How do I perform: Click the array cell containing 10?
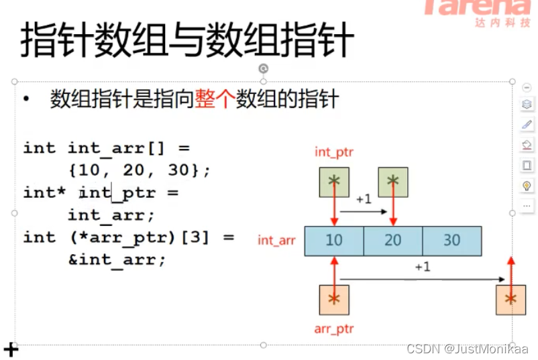click(334, 241)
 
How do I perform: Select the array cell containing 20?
click(392, 241)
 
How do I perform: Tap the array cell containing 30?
click(451, 241)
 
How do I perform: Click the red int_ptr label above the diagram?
click(333, 152)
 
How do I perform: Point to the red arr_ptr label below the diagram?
click(333, 329)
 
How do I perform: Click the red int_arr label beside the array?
click(276, 240)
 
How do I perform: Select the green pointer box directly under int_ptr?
click(334, 181)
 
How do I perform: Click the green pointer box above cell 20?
click(392, 181)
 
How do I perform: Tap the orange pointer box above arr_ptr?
click(334, 299)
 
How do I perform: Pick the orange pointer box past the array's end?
click(510, 299)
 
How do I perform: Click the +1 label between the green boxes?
click(363, 199)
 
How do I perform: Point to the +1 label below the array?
click(422, 267)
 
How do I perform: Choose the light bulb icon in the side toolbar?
click(527, 186)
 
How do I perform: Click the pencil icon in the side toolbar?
click(527, 124)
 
